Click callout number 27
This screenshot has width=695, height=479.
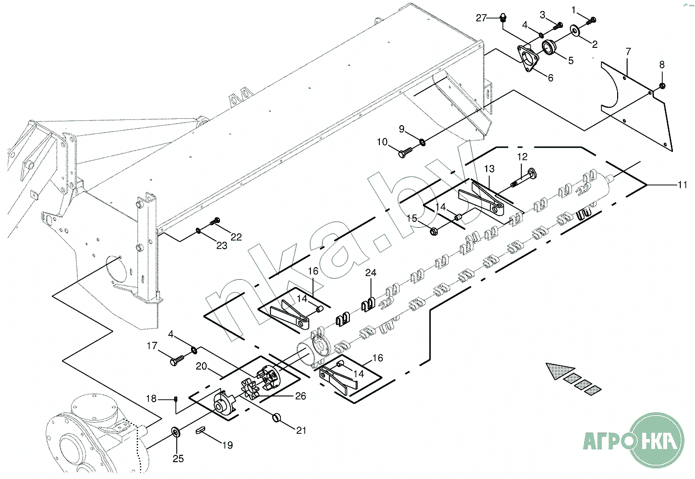coord(481,18)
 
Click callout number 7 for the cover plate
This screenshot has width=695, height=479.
coord(628,51)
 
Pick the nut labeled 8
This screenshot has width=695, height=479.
coord(661,86)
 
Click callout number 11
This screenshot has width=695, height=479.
coord(682,185)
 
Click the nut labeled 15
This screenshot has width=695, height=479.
coord(434,231)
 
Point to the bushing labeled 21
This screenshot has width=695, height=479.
coord(276,417)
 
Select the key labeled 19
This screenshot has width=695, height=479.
coord(200,431)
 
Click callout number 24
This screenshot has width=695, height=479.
coord(370,272)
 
